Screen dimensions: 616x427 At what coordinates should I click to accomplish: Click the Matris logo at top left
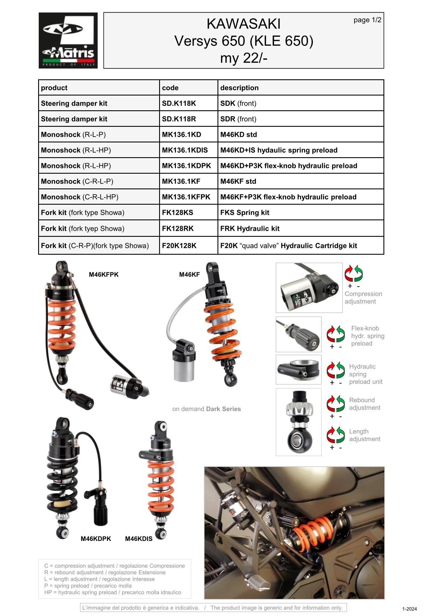click(68, 40)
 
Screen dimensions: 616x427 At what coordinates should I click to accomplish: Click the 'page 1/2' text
click(367, 20)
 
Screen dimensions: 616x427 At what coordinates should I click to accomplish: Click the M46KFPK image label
click(104, 275)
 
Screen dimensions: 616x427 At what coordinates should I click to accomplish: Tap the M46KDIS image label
click(139, 539)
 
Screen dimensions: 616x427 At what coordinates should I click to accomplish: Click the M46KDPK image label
click(96, 539)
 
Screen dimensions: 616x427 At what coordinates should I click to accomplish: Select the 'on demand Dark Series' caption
click(206, 409)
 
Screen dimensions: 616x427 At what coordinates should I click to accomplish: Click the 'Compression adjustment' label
click(363, 298)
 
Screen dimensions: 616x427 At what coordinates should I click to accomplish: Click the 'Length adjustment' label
click(364, 435)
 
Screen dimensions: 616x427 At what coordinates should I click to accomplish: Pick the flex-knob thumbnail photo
click(298, 334)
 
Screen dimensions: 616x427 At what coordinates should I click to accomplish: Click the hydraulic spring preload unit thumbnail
click(298, 370)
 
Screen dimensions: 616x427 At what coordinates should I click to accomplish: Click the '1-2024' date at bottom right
click(409, 609)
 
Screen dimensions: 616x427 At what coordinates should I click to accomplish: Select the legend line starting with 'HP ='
click(112, 592)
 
